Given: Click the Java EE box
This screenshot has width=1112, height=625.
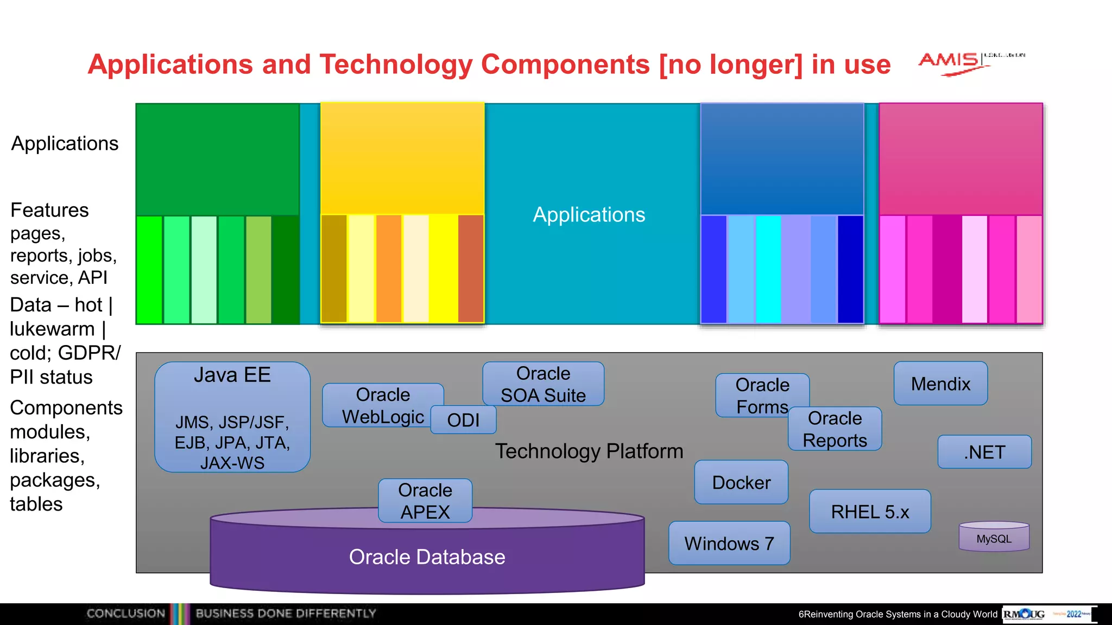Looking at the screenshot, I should click(x=232, y=417).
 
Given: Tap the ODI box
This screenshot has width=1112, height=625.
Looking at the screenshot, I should click(x=463, y=420).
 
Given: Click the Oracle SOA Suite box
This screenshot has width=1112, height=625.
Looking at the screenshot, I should click(x=543, y=384).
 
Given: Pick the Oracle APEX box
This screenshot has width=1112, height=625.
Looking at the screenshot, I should click(x=425, y=501).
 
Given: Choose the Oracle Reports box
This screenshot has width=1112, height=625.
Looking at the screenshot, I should click(x=835, y=429).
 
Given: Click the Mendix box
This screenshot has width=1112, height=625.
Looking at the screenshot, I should click(x=940, y=384).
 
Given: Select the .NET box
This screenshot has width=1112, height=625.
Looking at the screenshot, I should click(x=984, y=452).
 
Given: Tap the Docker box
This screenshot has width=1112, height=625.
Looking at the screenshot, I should click(x=741, y=482).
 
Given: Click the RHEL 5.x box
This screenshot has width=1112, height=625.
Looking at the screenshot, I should click(x=870, y=512).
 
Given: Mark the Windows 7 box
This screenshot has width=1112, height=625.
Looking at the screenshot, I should click(x=729, y=543).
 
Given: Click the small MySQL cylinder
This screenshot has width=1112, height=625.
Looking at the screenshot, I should click(x=994, y=538).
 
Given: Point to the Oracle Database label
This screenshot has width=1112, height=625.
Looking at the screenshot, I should click(x=427, y=557).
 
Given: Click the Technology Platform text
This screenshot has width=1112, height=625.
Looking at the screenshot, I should click(x=589, y=451).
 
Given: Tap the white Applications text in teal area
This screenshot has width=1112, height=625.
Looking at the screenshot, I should click(x=589, y=215).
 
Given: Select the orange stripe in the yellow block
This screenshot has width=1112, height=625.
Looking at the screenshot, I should click(x=389, y=269).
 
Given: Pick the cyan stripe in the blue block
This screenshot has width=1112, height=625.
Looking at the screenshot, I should click(x=768, y=269).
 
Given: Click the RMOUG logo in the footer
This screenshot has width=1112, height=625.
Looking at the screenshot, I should click(x=1024, y=614).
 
